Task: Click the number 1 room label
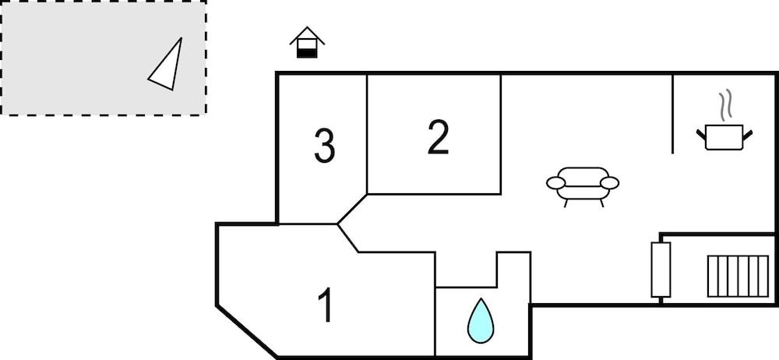coord(326,305)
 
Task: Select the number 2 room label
coord(438,136)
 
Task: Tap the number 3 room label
coord(325,146)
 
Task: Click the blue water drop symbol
coord(481,321)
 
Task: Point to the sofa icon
coord(583,186)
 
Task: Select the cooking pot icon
coord(724,136)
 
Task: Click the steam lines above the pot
coord(727,104)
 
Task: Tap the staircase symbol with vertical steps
coord(738,277)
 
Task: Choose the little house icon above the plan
coord(307,42)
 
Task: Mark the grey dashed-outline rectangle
coord(104,58)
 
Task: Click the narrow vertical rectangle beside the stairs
coord(661,270)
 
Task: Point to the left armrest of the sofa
coord(556,183)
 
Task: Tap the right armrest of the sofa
coord(610,183)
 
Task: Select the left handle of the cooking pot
coord(701,134)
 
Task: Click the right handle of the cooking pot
coord(747,134)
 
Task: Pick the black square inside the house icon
coord(307,53)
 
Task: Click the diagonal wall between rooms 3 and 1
coord(352,209)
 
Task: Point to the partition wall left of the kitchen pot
coord(673,114)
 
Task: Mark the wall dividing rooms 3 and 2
coord(367,134)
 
